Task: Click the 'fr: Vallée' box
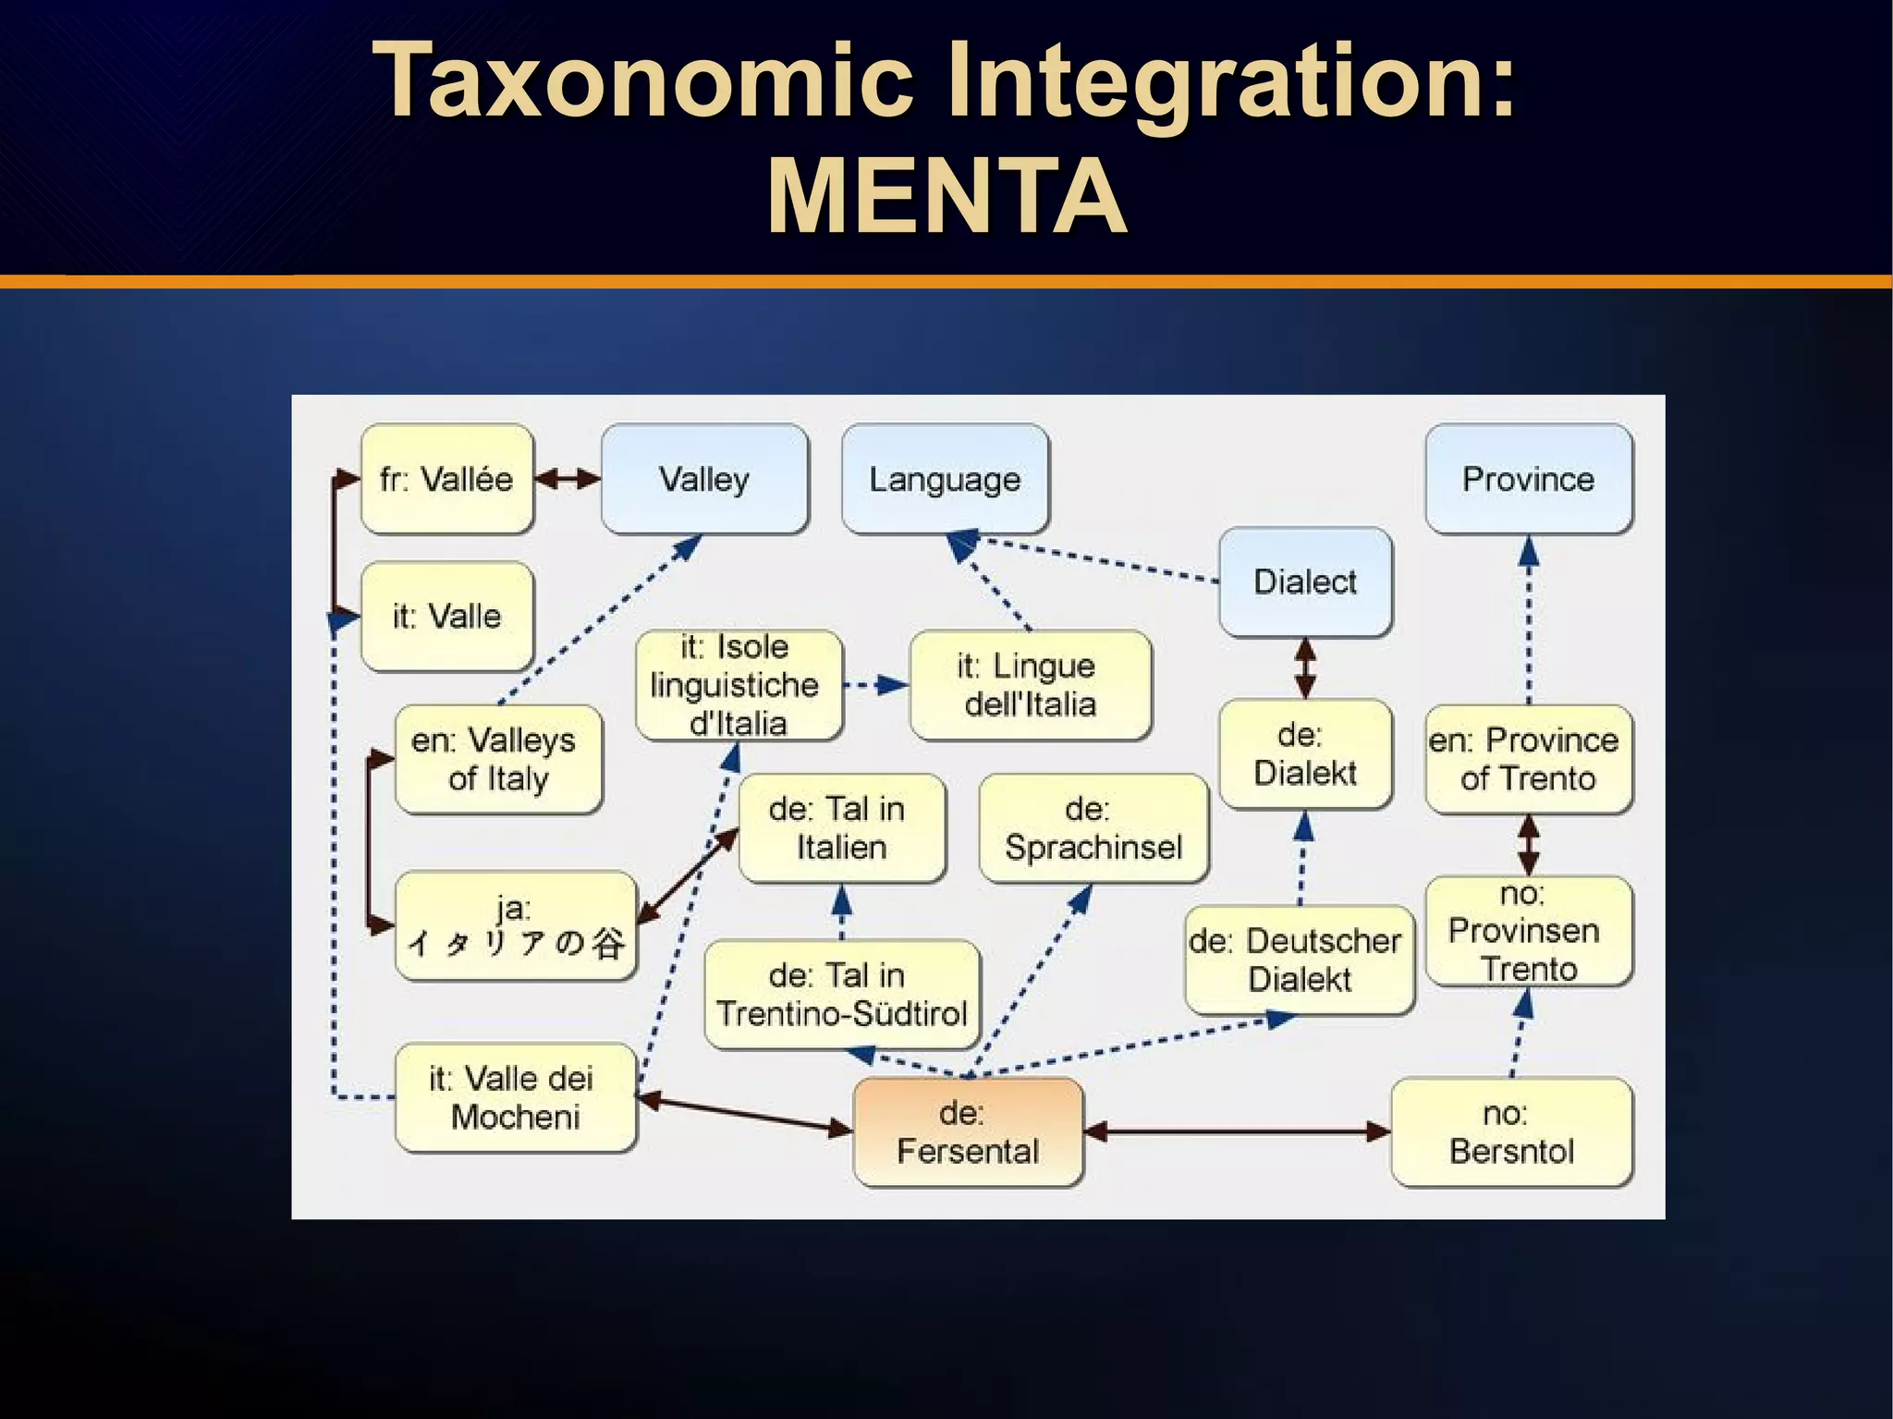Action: point(446,479)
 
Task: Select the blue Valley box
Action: point(704,479)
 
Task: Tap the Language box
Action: point(945,479)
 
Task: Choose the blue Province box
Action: point(1529,479)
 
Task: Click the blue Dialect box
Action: point(1305,581)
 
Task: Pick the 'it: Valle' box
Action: point(446,616)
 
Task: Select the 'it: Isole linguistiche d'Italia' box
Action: point(738,685)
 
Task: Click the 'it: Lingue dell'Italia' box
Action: point(1030,685)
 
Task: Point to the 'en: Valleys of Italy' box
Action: point(497,759)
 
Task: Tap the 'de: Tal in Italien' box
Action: point(841,827)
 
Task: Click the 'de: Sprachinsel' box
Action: point(1093,827)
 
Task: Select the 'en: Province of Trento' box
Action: point(1529,759)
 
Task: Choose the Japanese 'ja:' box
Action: point(515,925)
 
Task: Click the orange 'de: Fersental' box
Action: point(967,1132)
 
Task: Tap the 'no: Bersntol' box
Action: point(1511,1132)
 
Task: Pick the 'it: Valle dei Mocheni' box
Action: point(515,1097)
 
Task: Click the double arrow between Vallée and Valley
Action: point(568,479)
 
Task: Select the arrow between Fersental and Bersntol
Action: point(1237,1131)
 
